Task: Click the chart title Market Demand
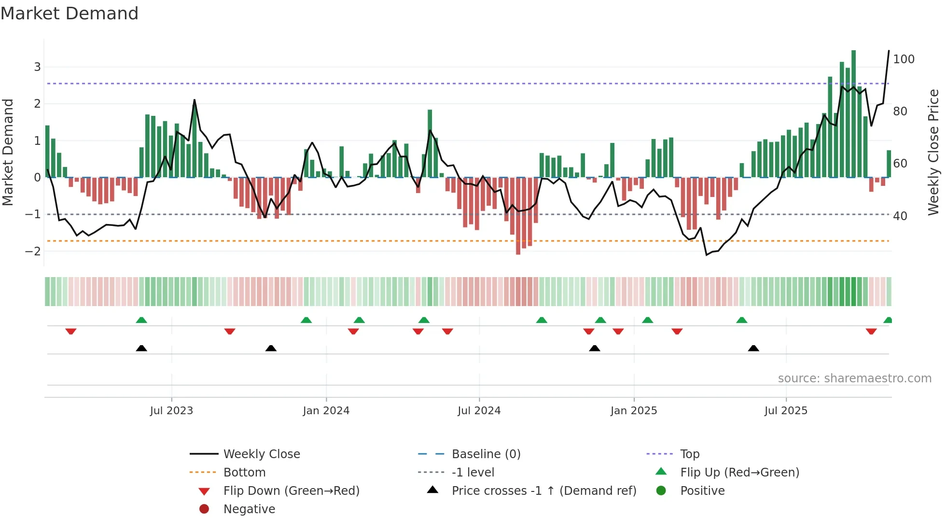point(70,14)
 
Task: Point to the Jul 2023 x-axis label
point(171,411)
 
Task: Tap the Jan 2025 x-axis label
point(633,411)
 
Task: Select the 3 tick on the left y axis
point(37,67)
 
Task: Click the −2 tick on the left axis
point(33,251)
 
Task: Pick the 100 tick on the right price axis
point(904,59)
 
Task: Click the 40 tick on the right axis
point(900,216)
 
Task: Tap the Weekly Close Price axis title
point(933,152)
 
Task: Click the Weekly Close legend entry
point(261,454)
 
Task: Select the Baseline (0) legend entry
point(486,454)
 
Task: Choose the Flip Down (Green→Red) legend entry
point(291,491)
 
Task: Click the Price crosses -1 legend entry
point(543,491)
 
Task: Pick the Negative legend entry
point(249,509)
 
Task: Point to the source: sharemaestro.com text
point(854,378)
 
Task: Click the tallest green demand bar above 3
point(853,113)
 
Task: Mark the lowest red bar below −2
point(518,216)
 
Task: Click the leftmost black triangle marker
point(141,348)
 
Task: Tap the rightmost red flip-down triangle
point(871,332)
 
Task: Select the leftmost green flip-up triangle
point(141,320)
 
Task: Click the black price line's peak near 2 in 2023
point(195,100)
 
